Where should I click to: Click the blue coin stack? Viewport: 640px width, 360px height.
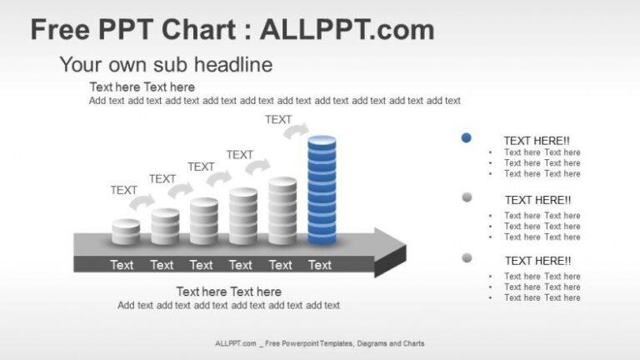tap(322, 191)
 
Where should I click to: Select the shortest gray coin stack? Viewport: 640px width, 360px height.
tap(126, 232)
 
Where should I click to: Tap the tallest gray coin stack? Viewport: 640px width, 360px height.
tap(282, 211)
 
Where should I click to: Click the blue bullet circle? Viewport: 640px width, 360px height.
tap(467, 137)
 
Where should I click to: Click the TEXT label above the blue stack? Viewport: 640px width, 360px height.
tap(278, 119)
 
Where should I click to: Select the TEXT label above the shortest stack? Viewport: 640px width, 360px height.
tap(123, 190)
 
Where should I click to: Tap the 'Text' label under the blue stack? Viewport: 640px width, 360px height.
tap(320, 265)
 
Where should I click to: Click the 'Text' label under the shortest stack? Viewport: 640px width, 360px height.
tap(122, 265)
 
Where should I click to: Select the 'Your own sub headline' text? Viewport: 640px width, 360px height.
tap(166, 64)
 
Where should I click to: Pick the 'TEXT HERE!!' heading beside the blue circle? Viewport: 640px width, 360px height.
tap(537, 141)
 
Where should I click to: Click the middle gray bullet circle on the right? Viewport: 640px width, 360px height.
tap(467, 197)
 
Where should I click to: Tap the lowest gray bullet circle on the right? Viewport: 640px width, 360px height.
tap(467, 257)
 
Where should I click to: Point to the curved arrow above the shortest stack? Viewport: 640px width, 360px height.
tap(142, 202)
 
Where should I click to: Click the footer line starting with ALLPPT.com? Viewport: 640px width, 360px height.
tap(320, 343)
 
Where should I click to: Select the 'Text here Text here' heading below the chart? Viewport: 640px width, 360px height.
tap(228, 292)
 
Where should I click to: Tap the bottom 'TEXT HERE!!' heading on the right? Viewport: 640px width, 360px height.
tap(537, 261)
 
